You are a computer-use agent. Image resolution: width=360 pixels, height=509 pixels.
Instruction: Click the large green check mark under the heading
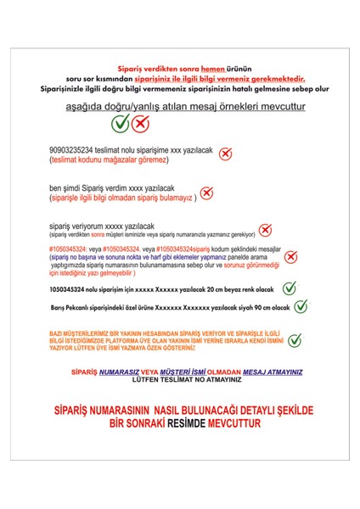click(x=121, y=124)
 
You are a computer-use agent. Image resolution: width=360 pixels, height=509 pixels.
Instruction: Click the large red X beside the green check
click(x=140, y=124)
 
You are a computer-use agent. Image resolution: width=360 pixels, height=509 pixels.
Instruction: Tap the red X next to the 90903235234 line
click(x=225, y=154)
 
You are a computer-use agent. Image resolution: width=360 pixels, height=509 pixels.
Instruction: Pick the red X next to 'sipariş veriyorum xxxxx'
click(x=264, y=229)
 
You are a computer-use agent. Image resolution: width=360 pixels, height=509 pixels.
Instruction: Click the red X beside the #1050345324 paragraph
click(x=290, y=256)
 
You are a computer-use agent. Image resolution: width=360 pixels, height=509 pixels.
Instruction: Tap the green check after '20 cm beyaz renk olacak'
click(x=290, y=288)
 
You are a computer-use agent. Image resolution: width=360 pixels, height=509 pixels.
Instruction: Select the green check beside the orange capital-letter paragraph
click(x=295, y=340)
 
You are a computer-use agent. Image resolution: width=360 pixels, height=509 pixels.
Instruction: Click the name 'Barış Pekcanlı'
click(x=71, y=308)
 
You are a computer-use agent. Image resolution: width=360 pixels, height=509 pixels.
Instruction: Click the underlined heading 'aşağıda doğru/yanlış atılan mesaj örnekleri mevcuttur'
click(x=180, y=107)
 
